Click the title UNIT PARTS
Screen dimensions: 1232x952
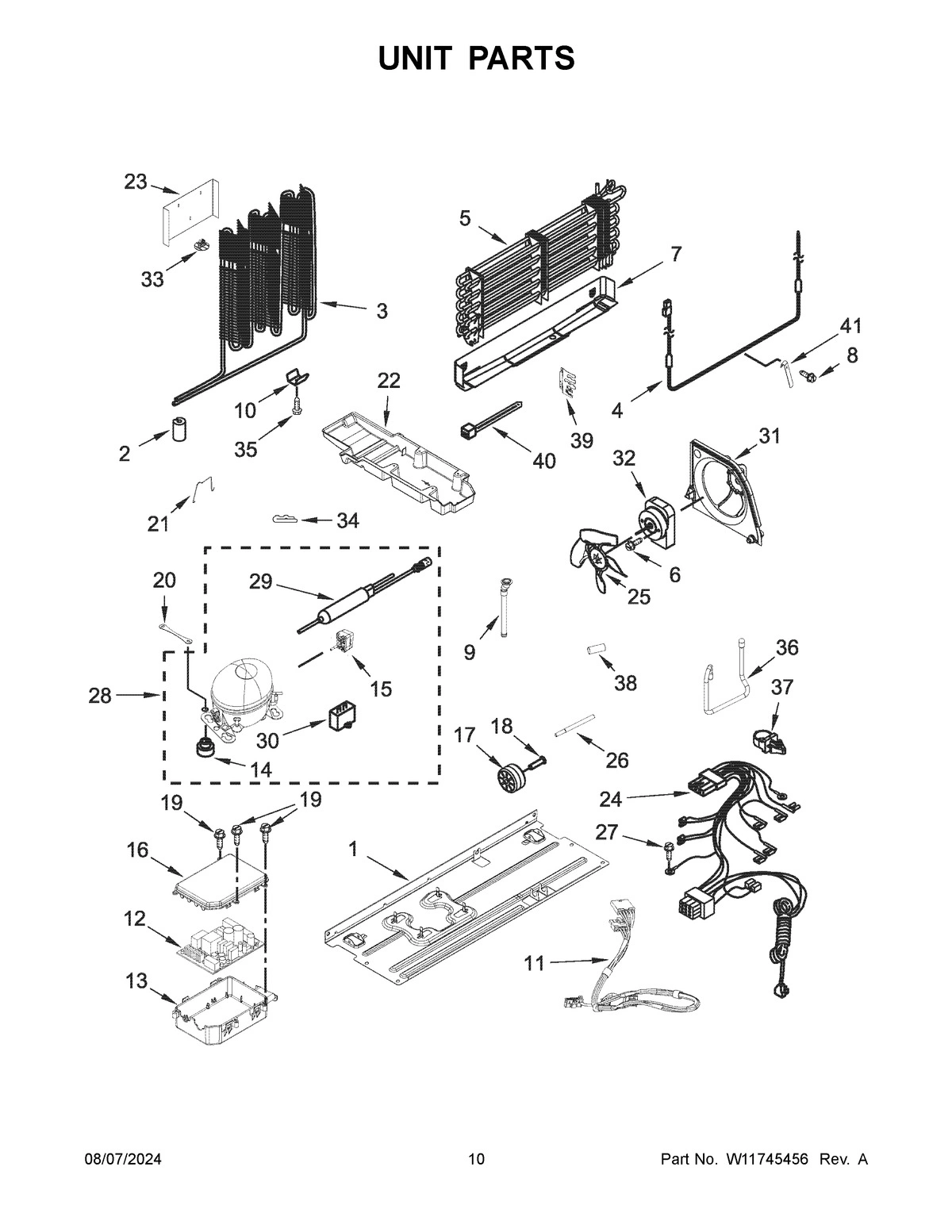click(476, 58)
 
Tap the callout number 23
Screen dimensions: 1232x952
click(135, 182)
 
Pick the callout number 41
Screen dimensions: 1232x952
click(850, 326)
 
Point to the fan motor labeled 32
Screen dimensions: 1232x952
click(657, 524)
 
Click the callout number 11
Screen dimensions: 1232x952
click(535, 963)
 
